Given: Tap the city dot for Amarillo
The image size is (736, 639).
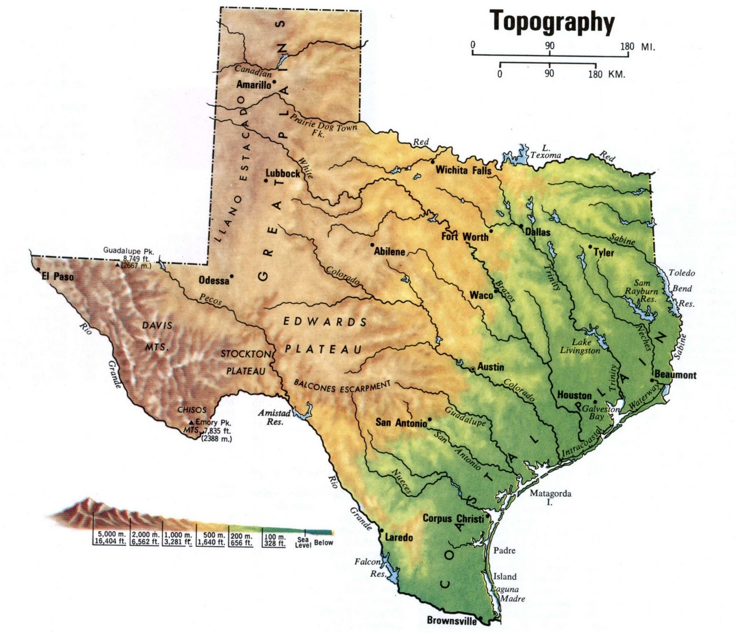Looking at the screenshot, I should pyautogui.click(x=274, y=82).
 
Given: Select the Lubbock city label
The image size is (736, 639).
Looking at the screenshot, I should pyautogui.click(x=283, y=173).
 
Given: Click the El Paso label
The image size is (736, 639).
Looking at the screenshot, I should pyautogui.click(x=58, y=276).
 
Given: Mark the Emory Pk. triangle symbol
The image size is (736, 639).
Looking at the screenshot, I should pyautogui.click(x=191, y=422).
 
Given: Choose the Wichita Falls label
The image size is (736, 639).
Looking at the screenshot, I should pyautogui.click(x=463, y=170).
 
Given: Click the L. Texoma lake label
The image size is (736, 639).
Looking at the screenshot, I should pyautogui.click(x=545, y=152).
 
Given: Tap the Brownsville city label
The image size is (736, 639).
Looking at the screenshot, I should pyautogui.click(x=452, y=620).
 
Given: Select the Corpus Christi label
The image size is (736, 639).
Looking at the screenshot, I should pyautogui.click(x=453, y=518).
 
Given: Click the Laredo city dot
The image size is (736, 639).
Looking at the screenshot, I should pyautogui.click(x=381, y=530).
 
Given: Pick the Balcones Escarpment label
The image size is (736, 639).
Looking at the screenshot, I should pyautogui.click(x=342, y=386).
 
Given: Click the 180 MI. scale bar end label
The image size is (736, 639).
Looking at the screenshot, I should pyautogui.click(x=637, y=47).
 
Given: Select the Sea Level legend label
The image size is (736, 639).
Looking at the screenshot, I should pyautogui.click(x=303, y=543).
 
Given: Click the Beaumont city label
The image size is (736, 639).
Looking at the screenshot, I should pyautogui.click(x=675, y=375).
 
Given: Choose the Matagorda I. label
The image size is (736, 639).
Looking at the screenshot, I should pyautogui.click(x=550, y=498).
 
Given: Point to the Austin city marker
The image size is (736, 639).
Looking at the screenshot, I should pyautogui.click(x=473, y=369).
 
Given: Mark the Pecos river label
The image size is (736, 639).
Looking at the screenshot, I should pyautogui.click(x=211, y=299).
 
